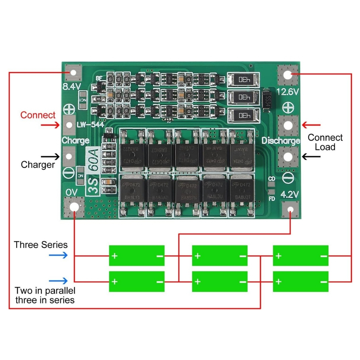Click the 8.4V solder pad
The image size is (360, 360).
point(74,73)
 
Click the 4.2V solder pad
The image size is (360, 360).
point(290,210)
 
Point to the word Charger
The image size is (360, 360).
point(38,165)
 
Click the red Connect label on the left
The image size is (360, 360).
point(38,115)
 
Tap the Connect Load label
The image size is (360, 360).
point(325,142)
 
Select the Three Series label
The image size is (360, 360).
point(41,245)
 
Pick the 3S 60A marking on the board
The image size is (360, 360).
point(94,170)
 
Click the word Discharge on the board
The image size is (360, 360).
point(281,141)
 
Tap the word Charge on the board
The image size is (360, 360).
point(76,141)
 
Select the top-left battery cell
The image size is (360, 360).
point(137,256)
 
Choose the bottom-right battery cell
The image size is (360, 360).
point(301,281)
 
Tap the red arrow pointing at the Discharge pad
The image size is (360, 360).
point(311,124)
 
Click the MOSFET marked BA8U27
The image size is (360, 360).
point(241,193)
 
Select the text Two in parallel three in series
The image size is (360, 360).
point(45,295)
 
